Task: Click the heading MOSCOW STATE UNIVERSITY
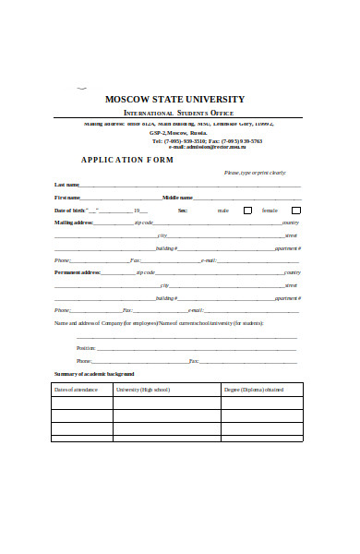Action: click(174, 99)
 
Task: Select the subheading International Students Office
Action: click(178, 114)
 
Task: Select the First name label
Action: click(67, 198)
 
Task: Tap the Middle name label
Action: click(177, 198)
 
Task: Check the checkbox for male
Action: click(246, 211)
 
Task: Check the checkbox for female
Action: click(294, 211)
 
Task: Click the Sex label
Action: click(183, 211)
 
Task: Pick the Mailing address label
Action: click(74, 223)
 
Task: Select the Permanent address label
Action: click(78, 272)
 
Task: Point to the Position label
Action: click(85, 347)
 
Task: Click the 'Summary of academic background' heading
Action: click(94, 374)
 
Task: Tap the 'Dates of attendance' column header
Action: click(77, 390)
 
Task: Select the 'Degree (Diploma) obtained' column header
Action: click(254, 390)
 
